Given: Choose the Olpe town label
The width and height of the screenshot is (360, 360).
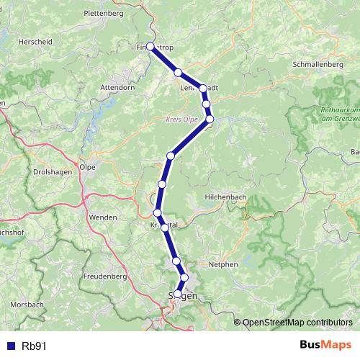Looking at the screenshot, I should click(x=87, y=166).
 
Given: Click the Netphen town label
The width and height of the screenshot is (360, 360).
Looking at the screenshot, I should click(x=224, y=264).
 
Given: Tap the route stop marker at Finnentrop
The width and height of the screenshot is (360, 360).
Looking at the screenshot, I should click(x=150, y=47).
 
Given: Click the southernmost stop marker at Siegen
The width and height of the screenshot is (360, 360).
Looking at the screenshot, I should click(x=178, y=294).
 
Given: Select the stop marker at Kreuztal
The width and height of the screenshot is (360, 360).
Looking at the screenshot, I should click(x=165, y=228).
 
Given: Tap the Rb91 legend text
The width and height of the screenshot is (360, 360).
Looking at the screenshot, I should click(x=34, y=346).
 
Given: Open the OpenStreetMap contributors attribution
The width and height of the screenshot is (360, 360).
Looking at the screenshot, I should click(x=297, y=323).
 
